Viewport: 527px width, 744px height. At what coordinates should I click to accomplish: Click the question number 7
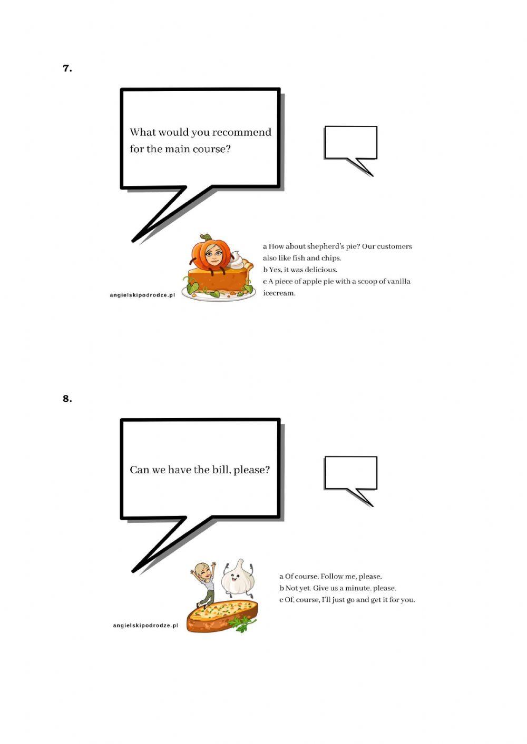point(67,68)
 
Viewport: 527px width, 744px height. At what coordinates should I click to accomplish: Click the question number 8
point(67,399)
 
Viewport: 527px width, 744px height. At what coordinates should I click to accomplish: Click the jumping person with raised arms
point(205,582)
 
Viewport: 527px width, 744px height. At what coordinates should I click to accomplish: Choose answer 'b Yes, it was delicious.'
point(300,270)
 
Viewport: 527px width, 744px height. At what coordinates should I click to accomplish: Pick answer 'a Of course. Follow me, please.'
point(330,576)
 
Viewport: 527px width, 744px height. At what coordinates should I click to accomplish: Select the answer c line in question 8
point(347,600)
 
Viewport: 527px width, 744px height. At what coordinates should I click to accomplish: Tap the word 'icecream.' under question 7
point(279,293)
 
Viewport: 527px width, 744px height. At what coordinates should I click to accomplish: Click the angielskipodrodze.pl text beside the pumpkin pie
point(142,295)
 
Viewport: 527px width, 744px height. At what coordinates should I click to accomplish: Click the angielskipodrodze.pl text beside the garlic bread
point(145,626)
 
